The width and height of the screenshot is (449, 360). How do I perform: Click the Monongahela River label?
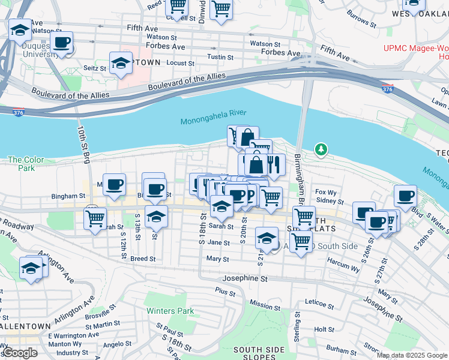pos(213,121)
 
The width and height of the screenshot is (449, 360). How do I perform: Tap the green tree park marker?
pos(321,149)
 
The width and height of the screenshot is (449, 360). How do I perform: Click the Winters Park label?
pos(170,311)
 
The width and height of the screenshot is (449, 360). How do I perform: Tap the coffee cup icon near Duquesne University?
pos(61,43)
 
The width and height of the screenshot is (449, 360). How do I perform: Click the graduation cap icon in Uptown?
pos(121,63)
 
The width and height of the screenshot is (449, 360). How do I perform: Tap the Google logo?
pos(20,353)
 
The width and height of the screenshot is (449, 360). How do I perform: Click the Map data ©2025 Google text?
pos(412,355)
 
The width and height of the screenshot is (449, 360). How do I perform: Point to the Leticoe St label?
pos(319,305)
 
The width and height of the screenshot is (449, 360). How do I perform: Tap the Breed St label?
pos(143,259)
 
